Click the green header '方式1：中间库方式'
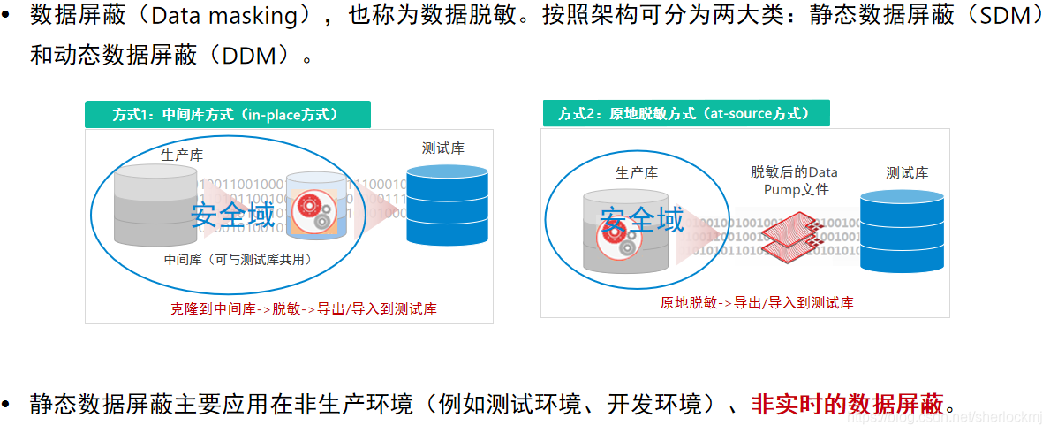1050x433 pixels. coord(226,115)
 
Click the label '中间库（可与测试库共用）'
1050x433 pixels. coord(238,260)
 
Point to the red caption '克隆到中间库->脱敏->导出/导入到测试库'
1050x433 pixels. coord(303,308)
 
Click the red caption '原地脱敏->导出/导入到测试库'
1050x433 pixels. coord(757,302)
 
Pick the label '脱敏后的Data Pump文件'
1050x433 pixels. coord(794,181)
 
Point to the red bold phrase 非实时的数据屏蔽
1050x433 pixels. coord(847,405)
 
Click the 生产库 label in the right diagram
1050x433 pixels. coord(638,173)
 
